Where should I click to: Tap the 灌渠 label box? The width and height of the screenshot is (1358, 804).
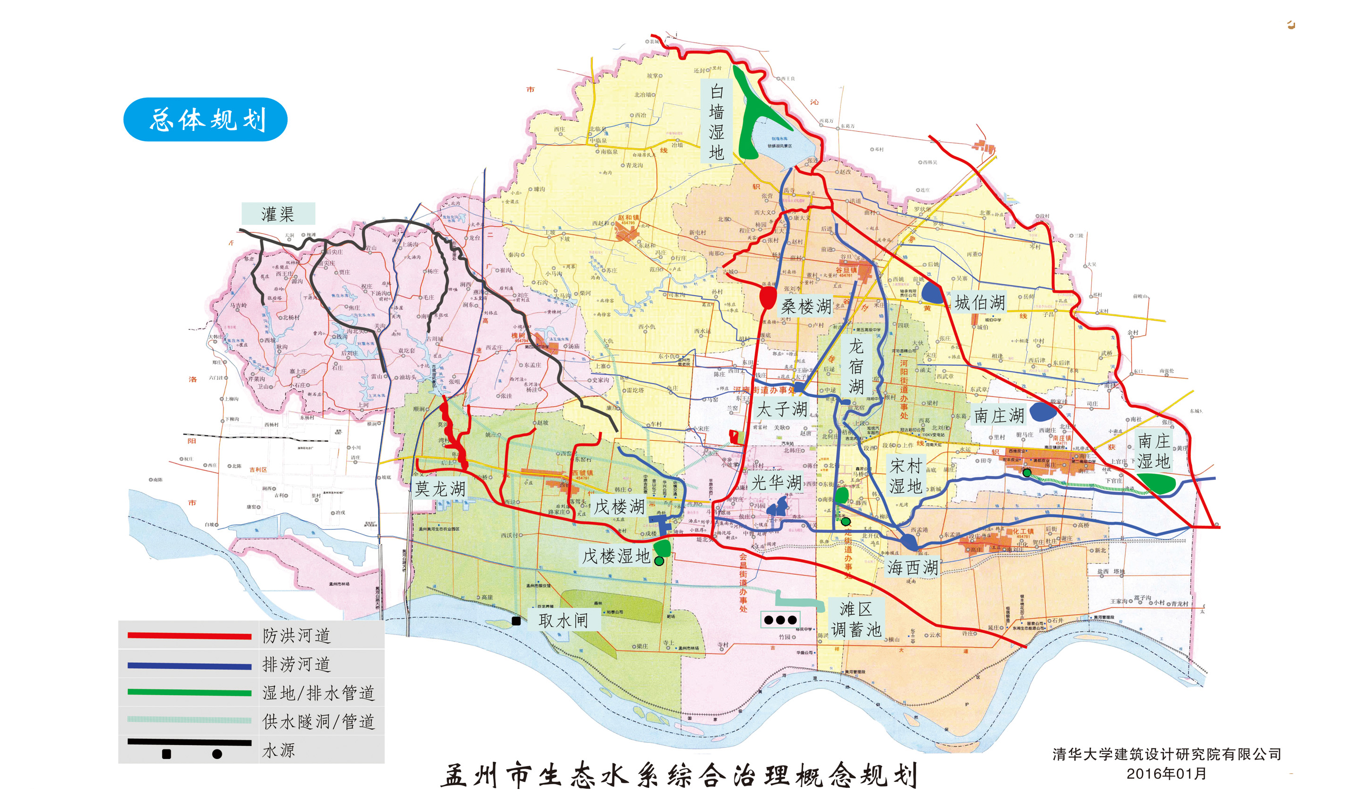(x=278, y=214)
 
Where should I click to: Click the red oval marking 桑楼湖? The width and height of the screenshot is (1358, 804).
(x=767, y=297)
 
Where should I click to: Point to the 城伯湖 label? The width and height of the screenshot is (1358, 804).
(x=979, y=302)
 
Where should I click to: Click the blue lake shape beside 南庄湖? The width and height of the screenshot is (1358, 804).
(x=1042, y=412)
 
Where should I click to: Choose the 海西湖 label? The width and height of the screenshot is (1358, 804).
(x=912, y=567)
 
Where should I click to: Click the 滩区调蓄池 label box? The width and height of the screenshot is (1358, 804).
(x=856, y=619)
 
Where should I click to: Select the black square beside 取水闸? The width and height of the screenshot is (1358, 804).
(x=516, y=621)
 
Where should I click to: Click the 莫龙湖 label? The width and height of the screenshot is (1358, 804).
(x=440, y=489)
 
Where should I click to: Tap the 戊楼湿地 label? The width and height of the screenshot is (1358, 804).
(x=616, y=555)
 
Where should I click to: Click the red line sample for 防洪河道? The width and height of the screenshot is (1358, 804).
(x=189, y=636)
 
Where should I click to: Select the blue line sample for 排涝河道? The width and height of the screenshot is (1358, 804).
(x=189, y=665)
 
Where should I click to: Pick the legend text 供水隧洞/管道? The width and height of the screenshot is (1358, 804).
(x=318, y=721)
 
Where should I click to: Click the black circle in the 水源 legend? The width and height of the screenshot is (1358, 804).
(x=217, y=754)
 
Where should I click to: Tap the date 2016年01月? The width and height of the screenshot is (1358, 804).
(x=1166, y=773)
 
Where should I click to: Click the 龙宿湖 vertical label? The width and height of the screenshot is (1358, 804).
(x=856, y=366)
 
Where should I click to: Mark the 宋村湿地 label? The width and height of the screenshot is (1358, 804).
(x=905, y=475)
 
